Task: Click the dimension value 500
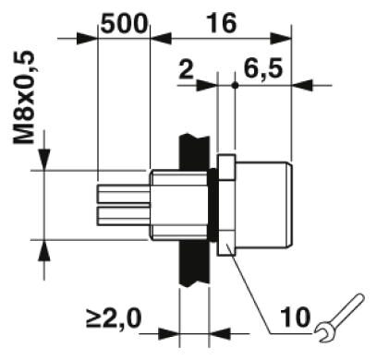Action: point(123,23)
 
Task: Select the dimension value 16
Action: point(222,23)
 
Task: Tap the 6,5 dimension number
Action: point(262,69)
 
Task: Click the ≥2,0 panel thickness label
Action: point(114,318)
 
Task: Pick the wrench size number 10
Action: point(295,317)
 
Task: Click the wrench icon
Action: point(339,318)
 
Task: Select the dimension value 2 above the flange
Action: point(186,69)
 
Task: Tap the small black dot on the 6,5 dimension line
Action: point(235,85)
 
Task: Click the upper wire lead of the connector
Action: point(124,194)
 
